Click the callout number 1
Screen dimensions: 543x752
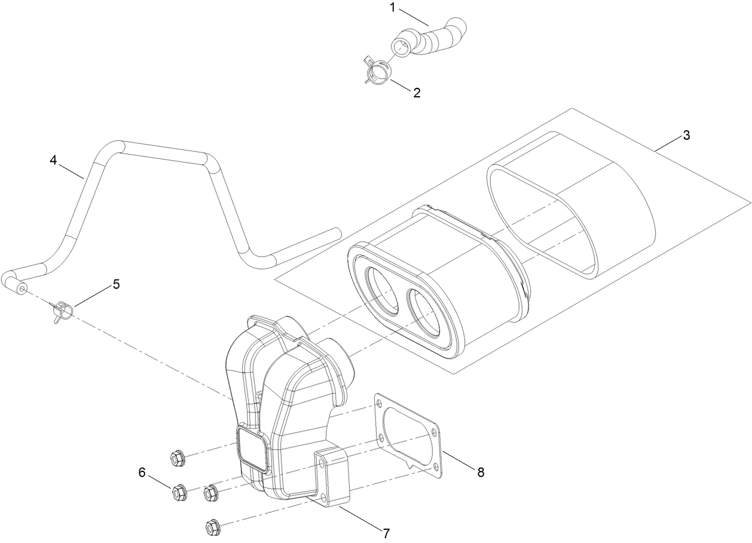click(393, 8)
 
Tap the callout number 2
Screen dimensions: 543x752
click(416, 93)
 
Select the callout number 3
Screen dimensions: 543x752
click(686, 135)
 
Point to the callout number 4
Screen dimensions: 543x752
click(53, 161)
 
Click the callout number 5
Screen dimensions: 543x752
click(116, 284)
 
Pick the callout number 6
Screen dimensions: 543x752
click(142, 473)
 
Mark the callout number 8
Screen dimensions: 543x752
click(480, 472)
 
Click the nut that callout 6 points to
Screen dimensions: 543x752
click(179, 493)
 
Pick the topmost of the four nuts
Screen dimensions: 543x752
click(176, 459)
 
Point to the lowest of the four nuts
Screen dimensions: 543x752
click(211, 527)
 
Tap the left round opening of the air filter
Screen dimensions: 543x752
click(381, 290)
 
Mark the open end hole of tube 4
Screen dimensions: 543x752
click(22, 289)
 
